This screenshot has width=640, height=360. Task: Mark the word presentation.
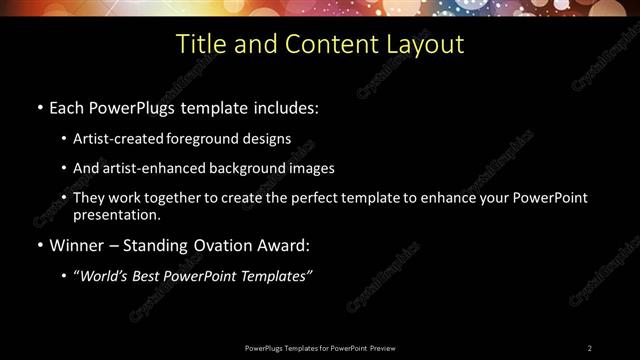pyautogui.click(x=117, y=214)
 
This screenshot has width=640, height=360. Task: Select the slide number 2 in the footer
pyautogui.click(x=590, y=347)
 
